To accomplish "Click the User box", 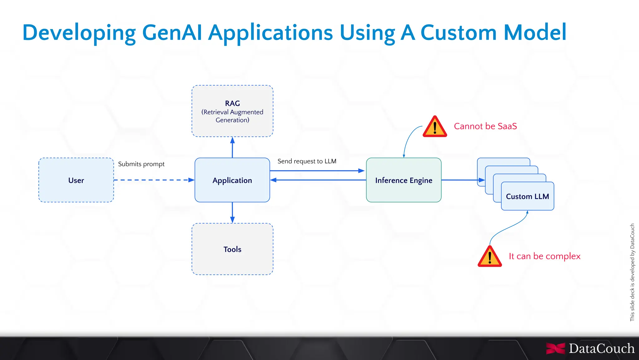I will tap(76, 180).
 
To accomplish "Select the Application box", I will tap(232, 180).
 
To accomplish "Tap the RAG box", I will tap(232, 111).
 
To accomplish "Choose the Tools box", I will tap(232, 249).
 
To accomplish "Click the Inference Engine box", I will tap(403, 180).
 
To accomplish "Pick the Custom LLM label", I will tap(527, 196).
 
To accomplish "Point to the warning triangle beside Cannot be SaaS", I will tap(435, 127).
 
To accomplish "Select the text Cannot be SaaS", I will tap(485, 126).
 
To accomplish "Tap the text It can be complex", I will tap(544, 256).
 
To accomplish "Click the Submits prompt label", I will tap(141, 164).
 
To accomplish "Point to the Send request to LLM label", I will tap(307, 161).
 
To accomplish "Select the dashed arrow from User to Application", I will tap(153, 180).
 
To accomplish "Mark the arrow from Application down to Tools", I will tap(232, 213).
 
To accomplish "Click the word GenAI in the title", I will tap(172, 32).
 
